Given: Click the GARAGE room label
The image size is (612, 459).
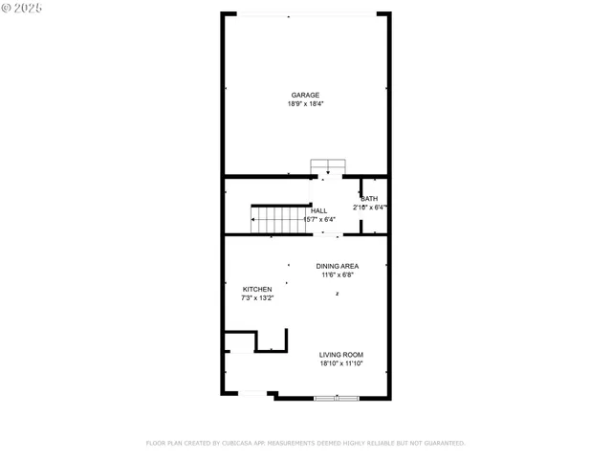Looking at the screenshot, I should (x=305, y=95).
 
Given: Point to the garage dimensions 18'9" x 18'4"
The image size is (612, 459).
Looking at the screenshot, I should (x=305, y=103).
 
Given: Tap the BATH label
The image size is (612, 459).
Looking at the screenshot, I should (x=369, y=198).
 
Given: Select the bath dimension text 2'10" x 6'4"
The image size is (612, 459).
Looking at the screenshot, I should (x=369, y=207).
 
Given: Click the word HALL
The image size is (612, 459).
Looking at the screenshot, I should (x=318, y=210).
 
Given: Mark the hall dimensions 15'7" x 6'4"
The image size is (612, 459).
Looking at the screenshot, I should (x=318, y=219).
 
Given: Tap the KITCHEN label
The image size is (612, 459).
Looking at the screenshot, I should (x=257, y=289).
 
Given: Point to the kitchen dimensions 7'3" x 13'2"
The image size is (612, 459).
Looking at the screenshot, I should (x=257, y=297).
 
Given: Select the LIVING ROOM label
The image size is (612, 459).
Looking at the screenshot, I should (x=340, y=355).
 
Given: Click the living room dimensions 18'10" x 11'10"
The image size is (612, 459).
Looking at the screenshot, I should (x=340, y=363).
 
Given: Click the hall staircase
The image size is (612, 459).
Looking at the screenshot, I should (x=280, y=220).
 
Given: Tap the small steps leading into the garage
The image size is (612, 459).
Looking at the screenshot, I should (x=327, y=166).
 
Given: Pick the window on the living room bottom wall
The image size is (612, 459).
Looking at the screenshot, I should (x=337, y=397).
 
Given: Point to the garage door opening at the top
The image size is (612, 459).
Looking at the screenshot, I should (x=306, y=14).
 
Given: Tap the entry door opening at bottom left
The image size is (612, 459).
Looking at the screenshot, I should (x=251, y=394).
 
